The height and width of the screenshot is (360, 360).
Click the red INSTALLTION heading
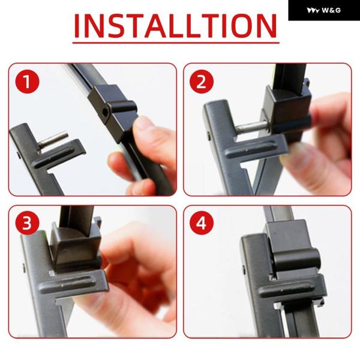click(175, 26)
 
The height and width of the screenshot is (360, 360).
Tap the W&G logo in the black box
click(324, 10)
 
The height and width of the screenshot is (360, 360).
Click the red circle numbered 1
click(28, 82)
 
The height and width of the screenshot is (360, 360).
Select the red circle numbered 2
click(202, 82)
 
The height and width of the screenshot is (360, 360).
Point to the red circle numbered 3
click(28, 223)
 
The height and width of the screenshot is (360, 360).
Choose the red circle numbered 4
click(202, 223)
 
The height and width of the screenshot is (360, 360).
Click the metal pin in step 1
click(53, 140)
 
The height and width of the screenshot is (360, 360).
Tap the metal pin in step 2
click(252, 127)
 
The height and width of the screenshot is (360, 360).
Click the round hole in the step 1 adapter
click(105, 112)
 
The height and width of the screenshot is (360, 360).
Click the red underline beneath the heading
click(176, 43)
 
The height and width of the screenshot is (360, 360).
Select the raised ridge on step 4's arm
click(286, 291)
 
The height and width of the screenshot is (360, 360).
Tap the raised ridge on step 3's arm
click(67, 284)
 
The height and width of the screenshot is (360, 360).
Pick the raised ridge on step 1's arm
click(53, 157)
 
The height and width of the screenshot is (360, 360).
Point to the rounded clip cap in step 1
click(122, 107)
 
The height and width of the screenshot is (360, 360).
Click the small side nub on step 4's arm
click(244, 270)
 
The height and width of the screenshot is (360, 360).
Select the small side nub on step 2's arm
click(209, 136)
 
